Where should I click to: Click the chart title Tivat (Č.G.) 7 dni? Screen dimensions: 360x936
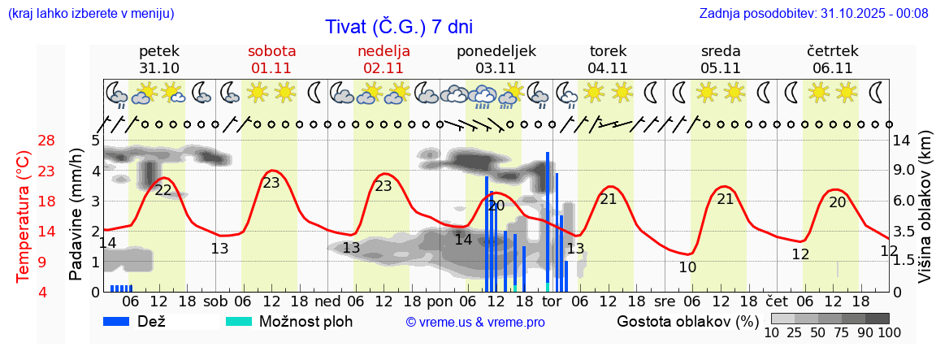point(398,27)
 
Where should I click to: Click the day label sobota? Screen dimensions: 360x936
point(271,51)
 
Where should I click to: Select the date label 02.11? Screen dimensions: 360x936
point(383,68)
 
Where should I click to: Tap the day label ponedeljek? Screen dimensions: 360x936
point(496,51)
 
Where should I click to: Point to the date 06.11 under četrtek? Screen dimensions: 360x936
point(832,68)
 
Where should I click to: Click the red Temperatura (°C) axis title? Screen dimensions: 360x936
point(24,216)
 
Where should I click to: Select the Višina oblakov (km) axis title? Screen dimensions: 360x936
point(925,216)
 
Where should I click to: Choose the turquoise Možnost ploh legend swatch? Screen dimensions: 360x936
point(239,321)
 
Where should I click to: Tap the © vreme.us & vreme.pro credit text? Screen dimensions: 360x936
point(475,322)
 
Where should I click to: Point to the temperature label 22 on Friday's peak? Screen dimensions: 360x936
point(163,190)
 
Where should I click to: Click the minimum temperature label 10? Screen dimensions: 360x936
point(687,267)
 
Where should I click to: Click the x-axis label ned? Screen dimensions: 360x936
point(327,301)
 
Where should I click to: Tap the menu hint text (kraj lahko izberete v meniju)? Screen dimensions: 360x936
point(90,13)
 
